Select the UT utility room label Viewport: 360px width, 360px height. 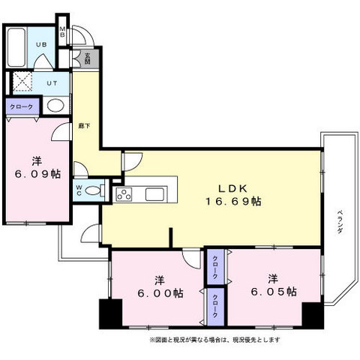click(x=52, y=82)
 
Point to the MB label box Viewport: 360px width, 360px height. click(x=63, y=34)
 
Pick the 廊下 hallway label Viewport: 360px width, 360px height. click(x=82, y=127)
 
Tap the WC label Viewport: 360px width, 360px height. click(x=78, y=190)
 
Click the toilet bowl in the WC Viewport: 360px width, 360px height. click(x=92, y=190)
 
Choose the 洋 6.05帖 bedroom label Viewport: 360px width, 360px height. click(x=273, y=285)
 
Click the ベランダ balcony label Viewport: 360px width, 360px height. click(x=339, y=222)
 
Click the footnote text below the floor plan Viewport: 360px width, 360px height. click(x=215, y=340)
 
